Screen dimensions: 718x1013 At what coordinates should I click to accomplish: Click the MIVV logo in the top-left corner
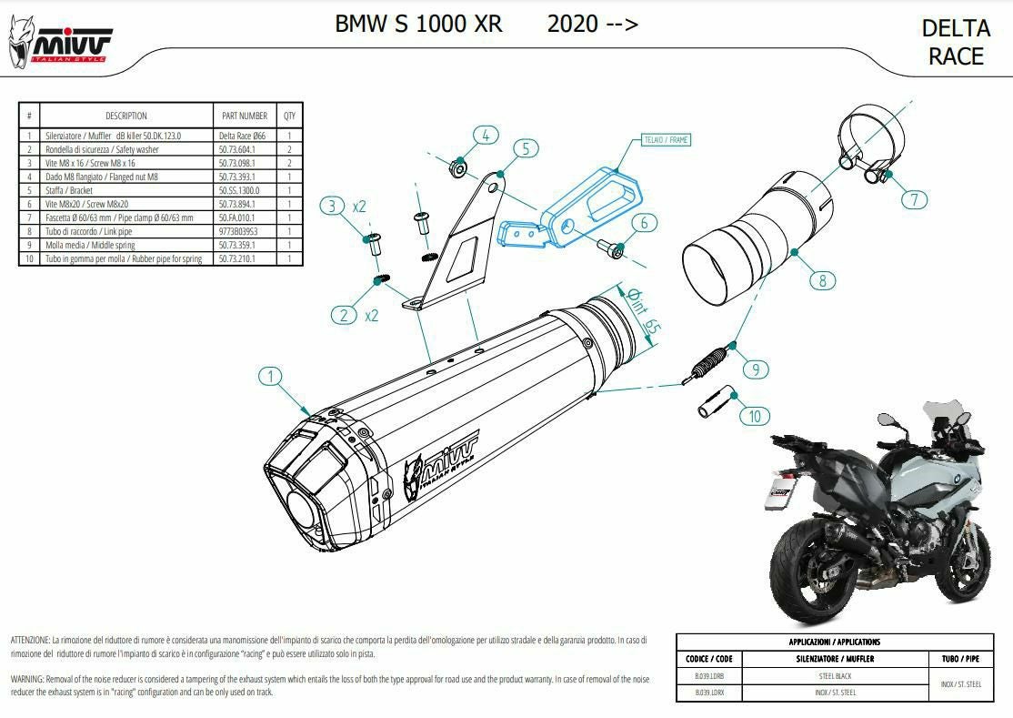click(x=60, y=42)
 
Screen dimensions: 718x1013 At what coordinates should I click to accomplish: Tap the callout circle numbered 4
click(x=485, y=136)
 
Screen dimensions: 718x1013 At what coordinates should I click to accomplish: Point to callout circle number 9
click(x=754, y=369)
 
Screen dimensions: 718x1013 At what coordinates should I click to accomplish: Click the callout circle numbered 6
click(x=642, y=222)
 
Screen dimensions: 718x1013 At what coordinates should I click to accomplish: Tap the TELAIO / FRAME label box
click(x=666, y=141)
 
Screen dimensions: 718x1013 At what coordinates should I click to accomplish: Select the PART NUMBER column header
click(x=244, y=116)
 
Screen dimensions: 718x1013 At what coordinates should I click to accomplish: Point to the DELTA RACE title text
click(x=955, y=42)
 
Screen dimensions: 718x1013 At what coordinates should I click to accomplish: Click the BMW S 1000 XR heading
click(x=418, y=24)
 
